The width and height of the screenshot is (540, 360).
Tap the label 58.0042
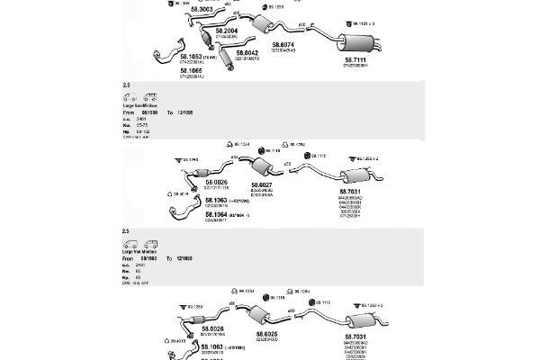[247, 53]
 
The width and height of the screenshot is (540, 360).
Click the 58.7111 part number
[355, 60]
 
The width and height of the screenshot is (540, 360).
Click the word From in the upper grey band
[128, 112]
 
